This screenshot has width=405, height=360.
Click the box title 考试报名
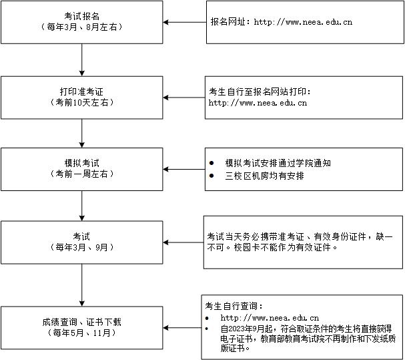(x=82, y=16)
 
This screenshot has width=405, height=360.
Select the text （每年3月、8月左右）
(x=82, y=27)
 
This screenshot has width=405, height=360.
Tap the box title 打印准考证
(x=81, y=92)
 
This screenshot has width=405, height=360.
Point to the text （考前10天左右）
(x=81, y=102)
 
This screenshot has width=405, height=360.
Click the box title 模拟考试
(x=82, y=163)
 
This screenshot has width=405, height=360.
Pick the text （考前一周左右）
(x=81, y=174)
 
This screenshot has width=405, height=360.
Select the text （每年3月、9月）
(x=81, y=247)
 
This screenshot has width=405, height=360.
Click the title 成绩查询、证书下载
(x=82, y=322)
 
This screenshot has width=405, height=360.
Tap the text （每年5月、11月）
(x=81, y=333)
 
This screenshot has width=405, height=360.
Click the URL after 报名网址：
(x=303, y=22)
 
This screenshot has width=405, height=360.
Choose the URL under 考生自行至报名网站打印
(x=258, y=103)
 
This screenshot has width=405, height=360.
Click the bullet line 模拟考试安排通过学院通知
(x=278, y=163)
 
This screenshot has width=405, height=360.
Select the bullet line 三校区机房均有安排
(x=264, y=176)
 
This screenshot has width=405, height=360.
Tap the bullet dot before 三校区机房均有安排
(x=212, y=176)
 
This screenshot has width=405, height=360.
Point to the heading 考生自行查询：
(x=234, y=306)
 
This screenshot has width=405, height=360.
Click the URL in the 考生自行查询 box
(x=270, y=317)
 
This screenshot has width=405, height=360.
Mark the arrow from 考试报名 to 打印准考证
(x=82, y=59)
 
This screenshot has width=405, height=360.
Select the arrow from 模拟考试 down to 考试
(x=82, y=206)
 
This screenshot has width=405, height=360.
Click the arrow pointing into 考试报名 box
(x=184, y=22)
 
